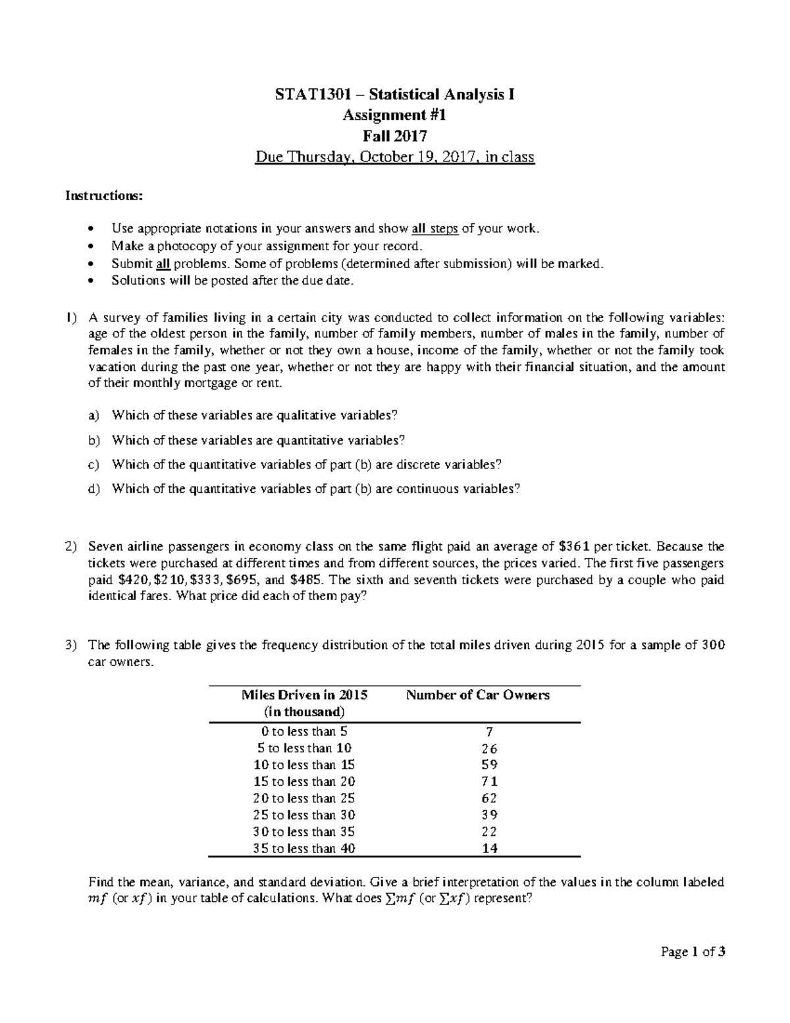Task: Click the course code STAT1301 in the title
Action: coord(305,95)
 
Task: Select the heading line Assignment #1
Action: coord(394,115)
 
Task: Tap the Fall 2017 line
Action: coord(394,136)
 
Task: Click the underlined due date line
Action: coord(394,157)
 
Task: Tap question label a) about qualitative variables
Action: coord(93,416)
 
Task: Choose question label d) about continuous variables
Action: coord(93,489)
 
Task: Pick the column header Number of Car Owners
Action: coord(477,696)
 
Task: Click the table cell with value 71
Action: coord(489,782)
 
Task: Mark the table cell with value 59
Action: coord(489,765)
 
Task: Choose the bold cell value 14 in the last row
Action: coord(489,849)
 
